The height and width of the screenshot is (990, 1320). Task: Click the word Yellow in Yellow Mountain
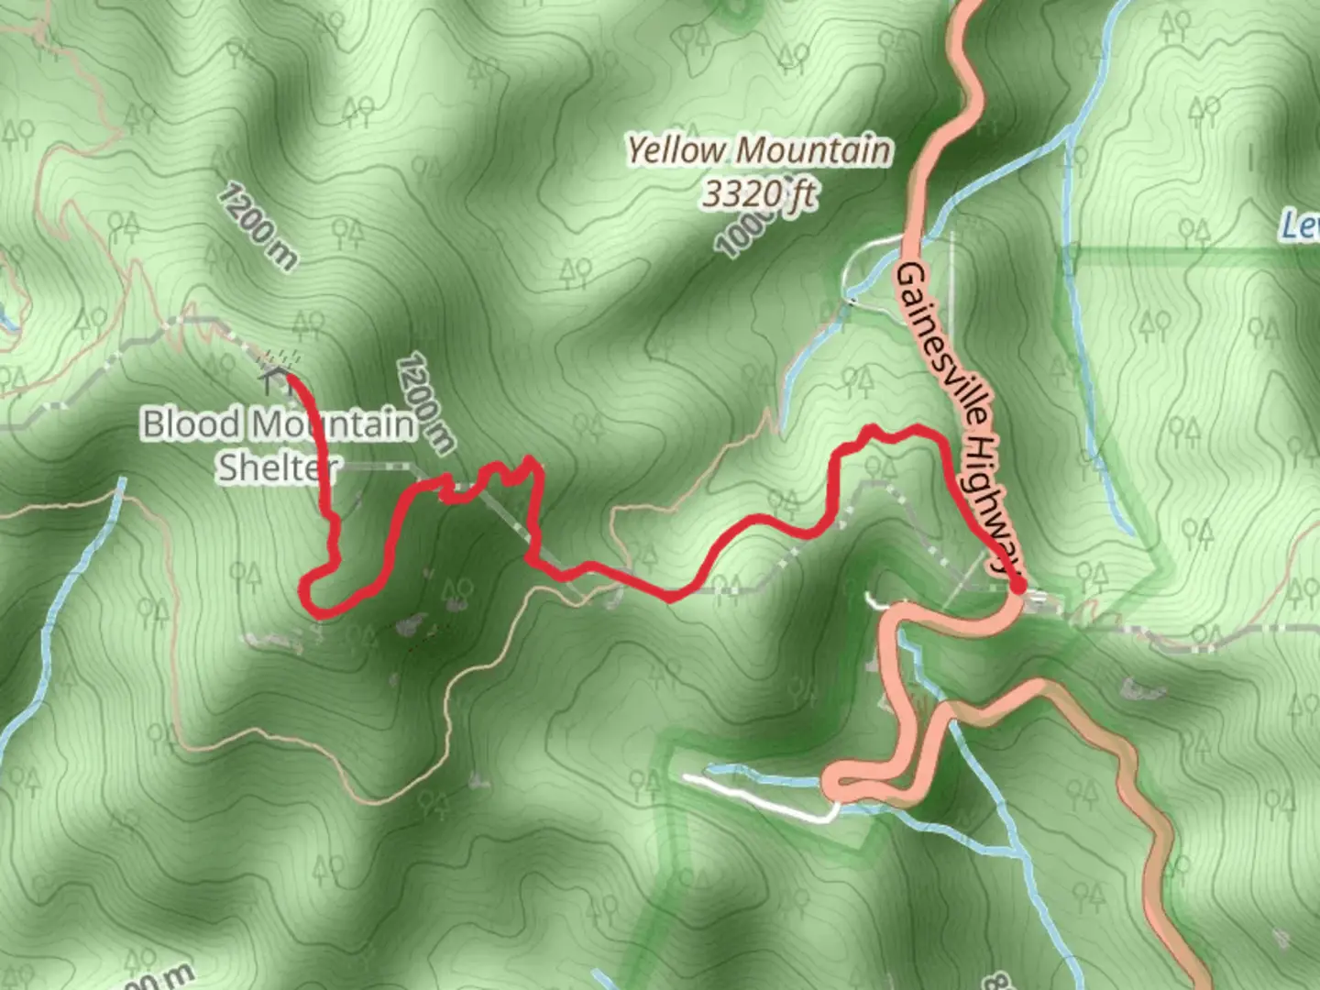pyautogui.click(x=676, y=150)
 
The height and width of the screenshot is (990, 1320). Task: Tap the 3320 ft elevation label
pyautogui.click(x=759, y=193)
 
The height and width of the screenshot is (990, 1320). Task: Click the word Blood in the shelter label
pyautogui.click(x=191, y=424)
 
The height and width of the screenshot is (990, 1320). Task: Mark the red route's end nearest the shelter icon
pyautogui.click(x=290, y=374)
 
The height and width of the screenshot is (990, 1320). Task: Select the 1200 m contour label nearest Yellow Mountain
pyautogui.click(x=425, y=404)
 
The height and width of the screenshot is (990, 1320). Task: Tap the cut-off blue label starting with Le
pyautogui.click(x=1301, y=224)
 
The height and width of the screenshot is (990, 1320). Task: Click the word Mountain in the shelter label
pyautogui.click(x=331, y=424)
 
